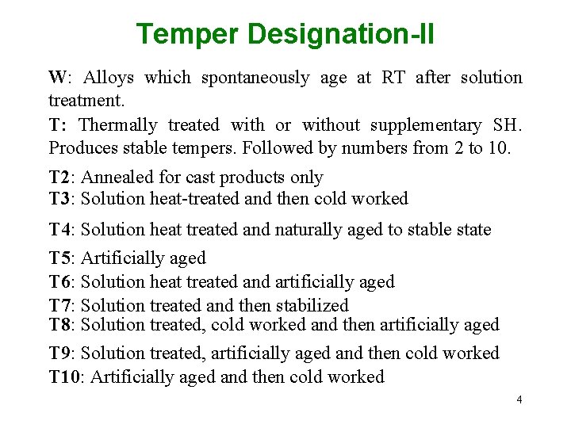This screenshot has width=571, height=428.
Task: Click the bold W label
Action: pyautogui.click(x=58, y=78)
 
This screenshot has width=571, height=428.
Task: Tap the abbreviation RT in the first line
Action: pyautogui.click(x=394, y=78)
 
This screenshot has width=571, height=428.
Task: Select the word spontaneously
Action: pyautogui.click(x=255, y=78)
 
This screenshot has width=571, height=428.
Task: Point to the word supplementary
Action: pyautogui.click(x=427, y=125)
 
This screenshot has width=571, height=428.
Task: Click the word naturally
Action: pyautogui.click(x=311, y=230)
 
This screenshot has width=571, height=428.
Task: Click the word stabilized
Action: pyautogui.click(x=312, y=306)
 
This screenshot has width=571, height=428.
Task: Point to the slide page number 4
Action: pyautogui.click(x=519, y=399)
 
